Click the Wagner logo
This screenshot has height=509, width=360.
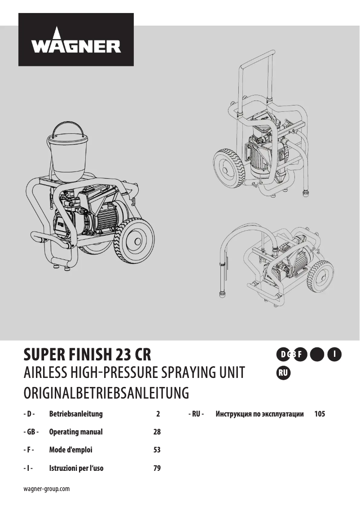[x=76, y=40]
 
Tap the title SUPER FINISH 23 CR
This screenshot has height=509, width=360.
[x=87, y=355]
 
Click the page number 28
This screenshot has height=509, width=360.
[x=157, y=432]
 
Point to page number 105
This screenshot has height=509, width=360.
[x=320, y=414]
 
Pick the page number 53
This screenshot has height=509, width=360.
[x=157, y=450]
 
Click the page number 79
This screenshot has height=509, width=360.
[x=157, y=468]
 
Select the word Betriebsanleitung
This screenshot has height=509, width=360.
[x=76, y=414]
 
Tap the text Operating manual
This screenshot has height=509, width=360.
[x=76, y=432]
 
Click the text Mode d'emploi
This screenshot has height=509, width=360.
[x=70, y=450]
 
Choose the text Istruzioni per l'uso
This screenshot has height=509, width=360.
[x=76, y=468]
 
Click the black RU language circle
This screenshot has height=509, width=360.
[x=283, y=373]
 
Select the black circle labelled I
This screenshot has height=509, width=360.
[x=334, y=354]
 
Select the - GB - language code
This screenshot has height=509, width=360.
[x=31, y=432]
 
